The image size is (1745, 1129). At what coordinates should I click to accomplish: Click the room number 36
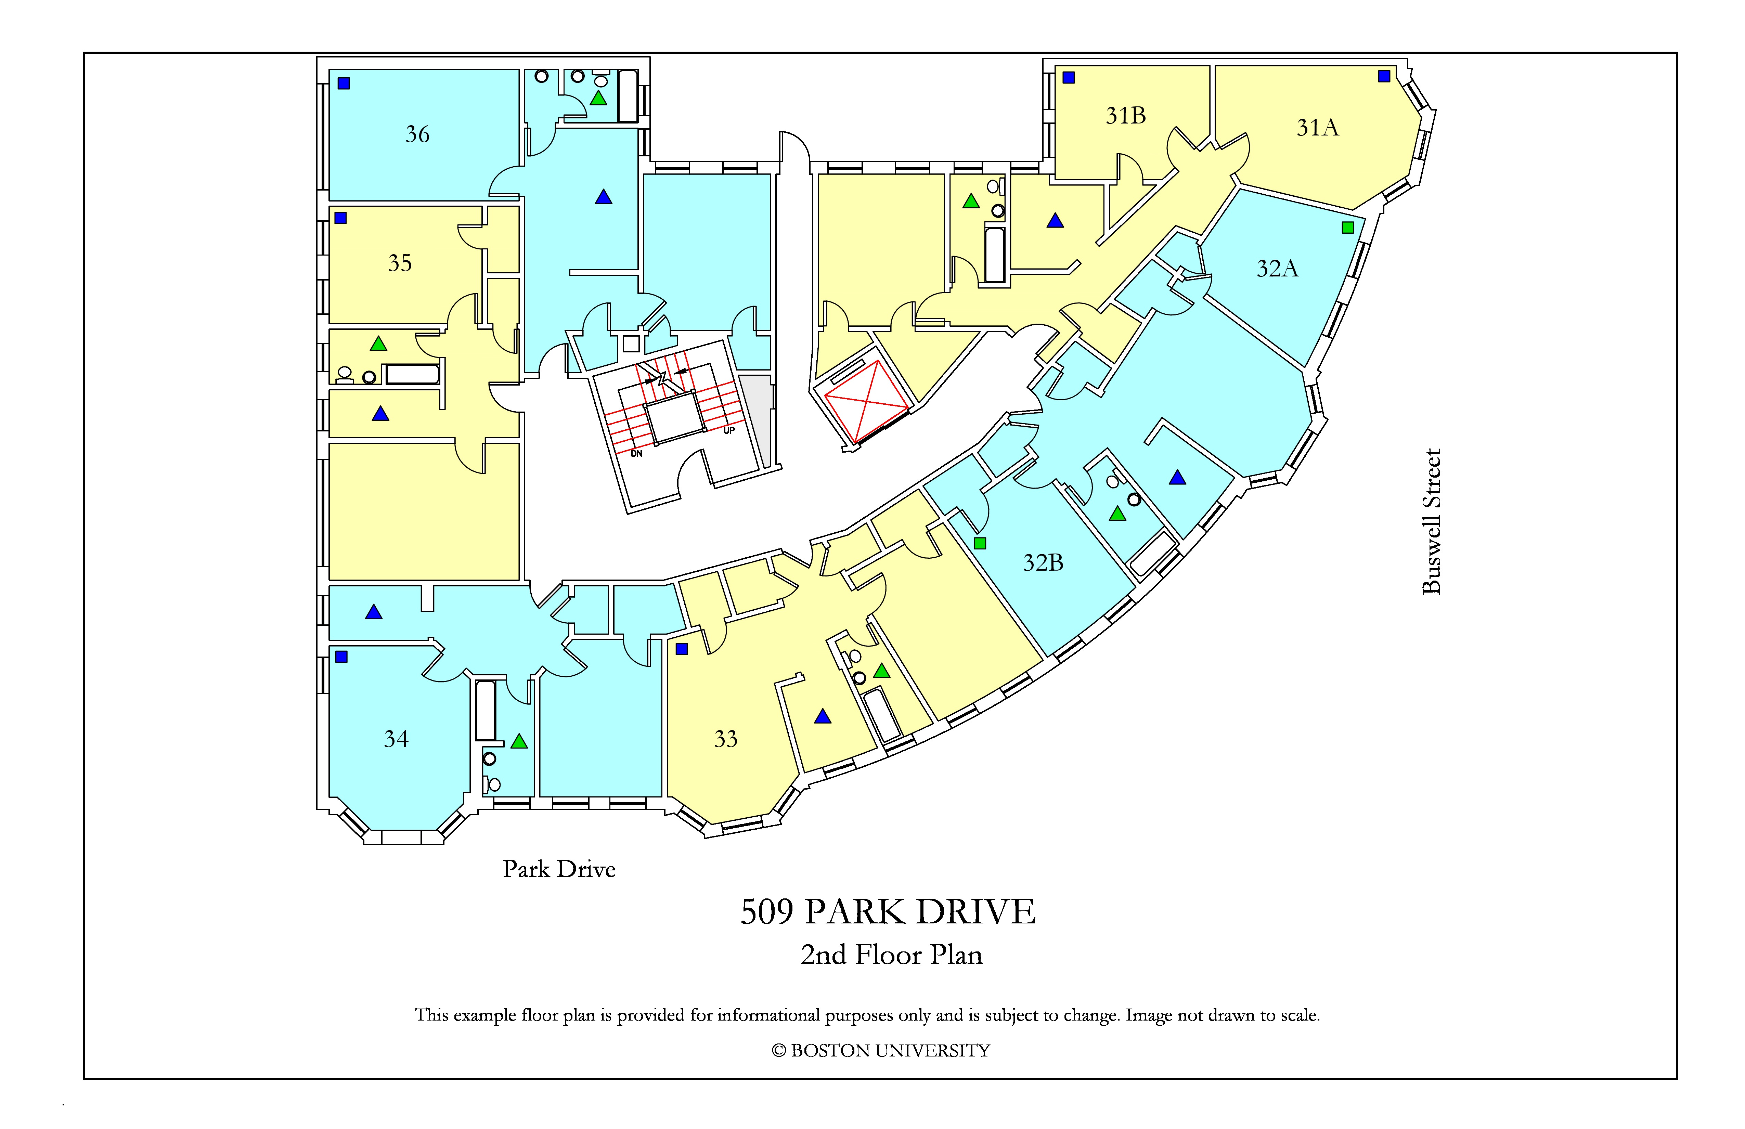coord(417,134)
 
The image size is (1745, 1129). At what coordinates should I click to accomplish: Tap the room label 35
coord(400,263)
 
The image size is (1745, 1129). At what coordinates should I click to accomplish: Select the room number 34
coord(396,739)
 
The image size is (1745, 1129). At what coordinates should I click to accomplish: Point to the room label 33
coord(725,739)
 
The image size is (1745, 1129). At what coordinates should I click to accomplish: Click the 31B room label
coord(1125,116)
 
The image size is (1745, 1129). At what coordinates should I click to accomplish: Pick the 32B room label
coord(1043,563)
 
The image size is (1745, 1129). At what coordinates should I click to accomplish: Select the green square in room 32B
coord(980,543)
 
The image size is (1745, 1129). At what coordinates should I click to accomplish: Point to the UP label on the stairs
coord(729,430)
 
